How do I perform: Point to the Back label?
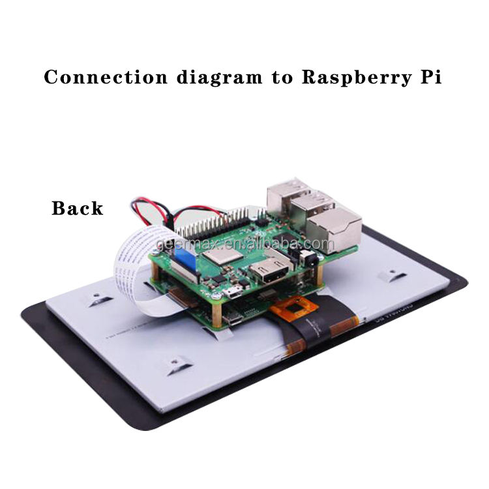[x=77, y=209]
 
